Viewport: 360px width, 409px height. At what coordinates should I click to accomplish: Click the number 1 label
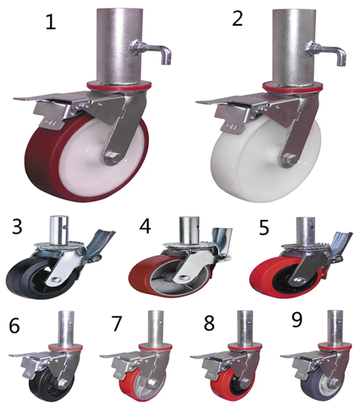pyautogui.click(x=50, y=22)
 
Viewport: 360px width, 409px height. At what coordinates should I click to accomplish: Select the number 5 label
pyautogui.click(x=264, y=229)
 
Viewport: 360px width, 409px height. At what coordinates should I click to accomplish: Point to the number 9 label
pyautogui.click(x=297, y=320)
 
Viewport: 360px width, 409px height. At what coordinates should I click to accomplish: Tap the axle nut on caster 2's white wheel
pyautogui.click(x=289, y=160)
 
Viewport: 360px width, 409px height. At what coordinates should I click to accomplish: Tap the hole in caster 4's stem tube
pyautogui.click(x=196, y=222)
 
